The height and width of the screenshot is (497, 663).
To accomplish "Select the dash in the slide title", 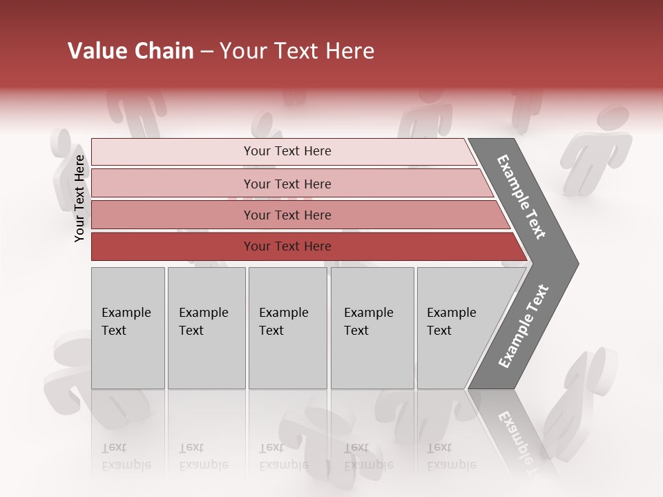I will click(x=206, y=52).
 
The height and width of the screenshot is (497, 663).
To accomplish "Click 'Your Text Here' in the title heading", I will click(x=297, y=51).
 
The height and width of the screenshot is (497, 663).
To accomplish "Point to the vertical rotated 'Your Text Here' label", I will click(x=79, y=199).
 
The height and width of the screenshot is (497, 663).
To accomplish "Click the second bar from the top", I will click(x=287, y=184).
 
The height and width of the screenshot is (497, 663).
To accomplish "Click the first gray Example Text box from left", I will click(x=128, y=328).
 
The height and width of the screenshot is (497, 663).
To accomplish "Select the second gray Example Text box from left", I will click(x=206, y=328).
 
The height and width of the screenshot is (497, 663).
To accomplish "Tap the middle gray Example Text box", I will click(x=287, y=328).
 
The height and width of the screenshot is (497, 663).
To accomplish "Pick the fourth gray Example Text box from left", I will click(x=372, y=328).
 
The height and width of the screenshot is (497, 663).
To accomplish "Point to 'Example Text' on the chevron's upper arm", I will click(x=521, y=197).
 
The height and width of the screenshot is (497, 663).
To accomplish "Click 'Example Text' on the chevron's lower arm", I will click(x=523, y=327).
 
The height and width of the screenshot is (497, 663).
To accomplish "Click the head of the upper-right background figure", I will click(x=613, y=117).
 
